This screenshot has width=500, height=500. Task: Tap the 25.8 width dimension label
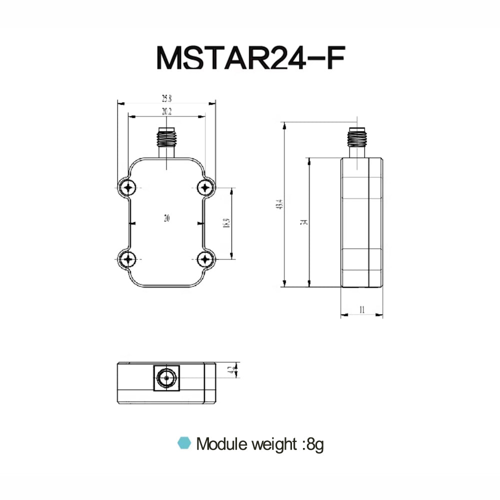click(x=166, y=98)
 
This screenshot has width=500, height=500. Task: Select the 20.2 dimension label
click(x=166, y=112)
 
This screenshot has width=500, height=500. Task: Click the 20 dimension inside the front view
click(x=166, y=218)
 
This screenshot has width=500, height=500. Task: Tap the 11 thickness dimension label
click(x=361, y=310)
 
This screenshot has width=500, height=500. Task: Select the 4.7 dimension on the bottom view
click(x=229, y=371)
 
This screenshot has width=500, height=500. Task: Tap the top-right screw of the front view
click(x=204, y=187)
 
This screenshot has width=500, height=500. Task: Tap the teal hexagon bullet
click(x=185, y=443)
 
